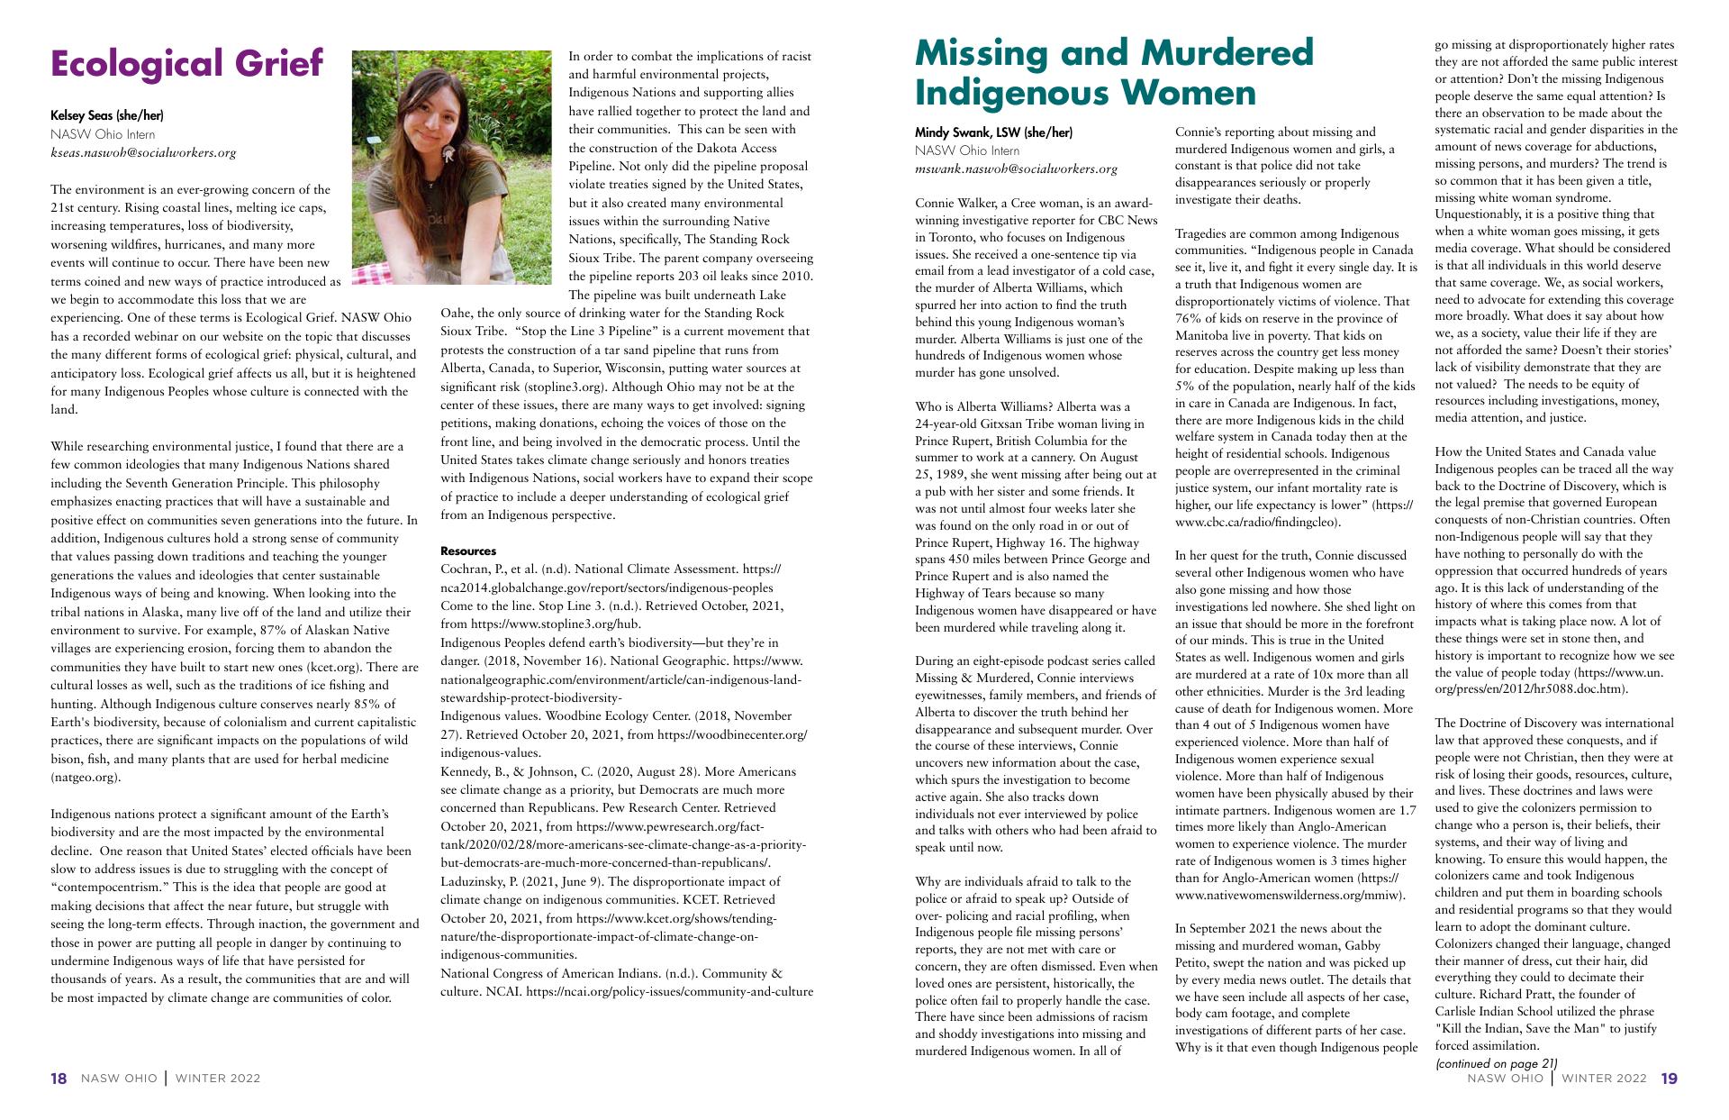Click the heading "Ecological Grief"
pos(186,64)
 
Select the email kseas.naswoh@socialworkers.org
pos(143,152)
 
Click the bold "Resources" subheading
pos(467,551)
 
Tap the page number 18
pos(59,1079)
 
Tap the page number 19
pos(1669,1079)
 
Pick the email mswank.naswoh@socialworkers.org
pos(1016,168)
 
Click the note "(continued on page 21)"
pos(1496,1063)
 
